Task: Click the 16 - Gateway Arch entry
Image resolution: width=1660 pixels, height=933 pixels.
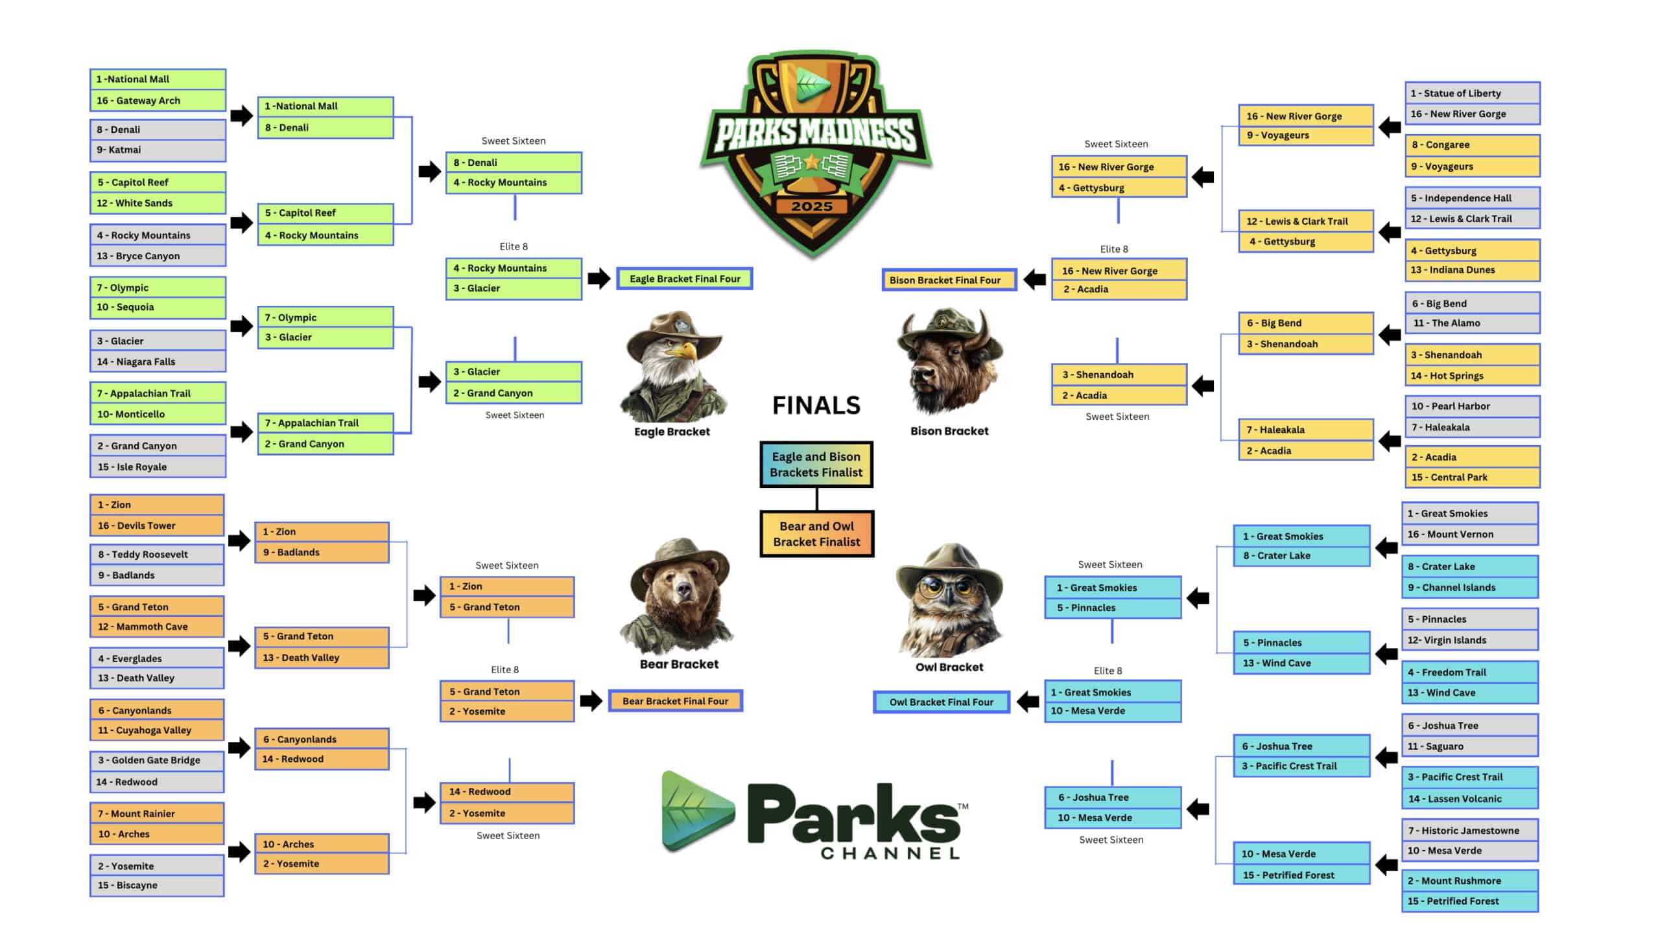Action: point(158,100)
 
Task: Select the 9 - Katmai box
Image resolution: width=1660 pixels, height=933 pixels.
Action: point(158,150)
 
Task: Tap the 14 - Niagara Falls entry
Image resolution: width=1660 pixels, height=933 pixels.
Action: point(158,362)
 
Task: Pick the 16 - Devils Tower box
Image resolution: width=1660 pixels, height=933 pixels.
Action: point(157,525)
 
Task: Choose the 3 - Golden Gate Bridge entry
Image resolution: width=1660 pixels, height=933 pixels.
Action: point(157,761)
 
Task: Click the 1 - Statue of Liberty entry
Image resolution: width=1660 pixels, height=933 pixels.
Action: point(1472,93)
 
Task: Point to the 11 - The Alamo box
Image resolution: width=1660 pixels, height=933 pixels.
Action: point(1472,323)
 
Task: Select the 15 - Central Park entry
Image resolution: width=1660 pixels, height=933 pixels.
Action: point(1472,478)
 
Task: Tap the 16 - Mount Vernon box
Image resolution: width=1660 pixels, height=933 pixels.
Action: point(1470,535)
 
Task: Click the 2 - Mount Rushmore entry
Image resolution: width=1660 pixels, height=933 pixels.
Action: point(1470,881)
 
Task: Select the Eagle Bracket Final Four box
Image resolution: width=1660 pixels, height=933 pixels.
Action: point(685,279)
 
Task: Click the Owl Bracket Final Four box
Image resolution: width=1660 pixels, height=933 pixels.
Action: point(942,702)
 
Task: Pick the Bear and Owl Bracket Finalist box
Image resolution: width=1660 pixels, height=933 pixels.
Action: point(817,534)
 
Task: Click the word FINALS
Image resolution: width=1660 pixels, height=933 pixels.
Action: point(816,406)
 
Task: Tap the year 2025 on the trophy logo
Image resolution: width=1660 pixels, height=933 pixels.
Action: point(812,207)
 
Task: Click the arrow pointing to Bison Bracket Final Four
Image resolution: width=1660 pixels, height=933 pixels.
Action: point(1034,280)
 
